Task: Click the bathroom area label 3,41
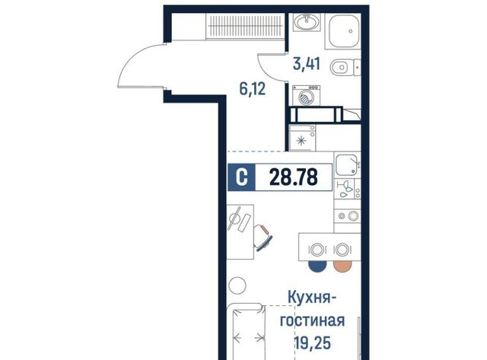click(307, 64)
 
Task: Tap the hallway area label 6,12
click(252, 89)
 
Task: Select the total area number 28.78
click(294, 177)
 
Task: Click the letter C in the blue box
click(242, 177)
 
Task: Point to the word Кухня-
click(312, 298)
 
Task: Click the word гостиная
click(313, 320)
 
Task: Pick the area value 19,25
click(313, 343)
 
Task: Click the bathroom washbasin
click(307, 21)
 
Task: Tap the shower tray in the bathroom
click(343, 31)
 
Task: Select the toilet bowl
click(342, 68)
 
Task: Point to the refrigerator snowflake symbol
click(301, 142)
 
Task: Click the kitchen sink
click(347, 164)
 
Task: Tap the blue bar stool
click(317, 266)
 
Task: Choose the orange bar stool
click(342, 266)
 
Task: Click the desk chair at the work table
click(263, 237)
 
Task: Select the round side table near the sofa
click(237, 285)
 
